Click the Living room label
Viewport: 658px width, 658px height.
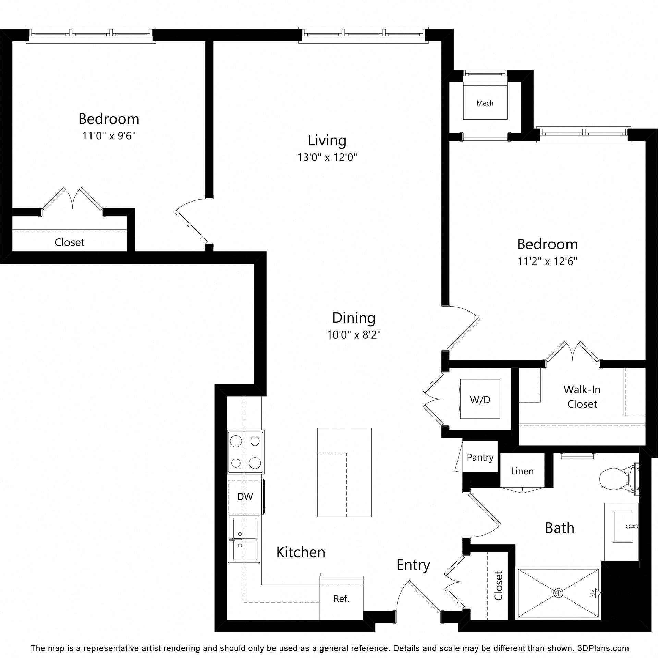coord(327,141)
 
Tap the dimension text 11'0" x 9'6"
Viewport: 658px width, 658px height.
coord(109,136)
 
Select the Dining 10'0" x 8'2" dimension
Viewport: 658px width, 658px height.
coord(354,334)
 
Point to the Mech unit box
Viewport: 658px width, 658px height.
coord(485,103)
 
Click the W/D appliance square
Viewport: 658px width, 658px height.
coord(480,399)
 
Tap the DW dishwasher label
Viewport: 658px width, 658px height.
coord(245,496)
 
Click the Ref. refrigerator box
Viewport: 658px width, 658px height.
coord(341,599)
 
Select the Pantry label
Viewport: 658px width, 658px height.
coord(480,457)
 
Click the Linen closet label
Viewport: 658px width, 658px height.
coord(522,471)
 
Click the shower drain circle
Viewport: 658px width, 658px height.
coord(559,593)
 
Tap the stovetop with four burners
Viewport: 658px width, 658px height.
coord(245,452)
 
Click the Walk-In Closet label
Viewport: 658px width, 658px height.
coord(582,397)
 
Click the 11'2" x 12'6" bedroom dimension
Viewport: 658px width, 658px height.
coord(547,261)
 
